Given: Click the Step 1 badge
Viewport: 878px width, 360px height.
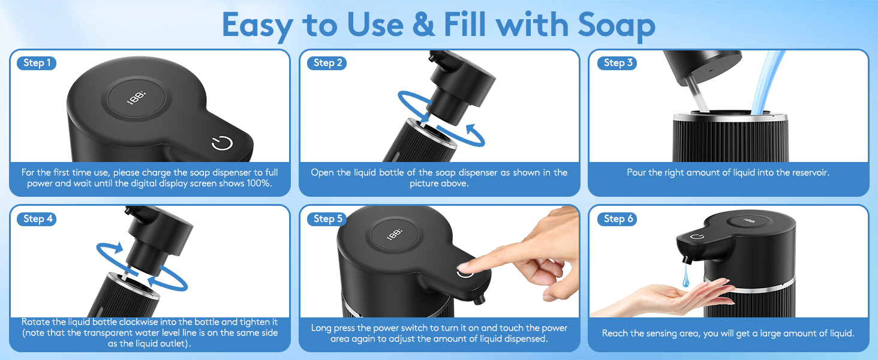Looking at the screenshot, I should (37, 63).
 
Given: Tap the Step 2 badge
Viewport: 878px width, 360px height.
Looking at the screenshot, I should (327, 63).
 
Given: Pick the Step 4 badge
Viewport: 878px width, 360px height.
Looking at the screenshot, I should (38, 219).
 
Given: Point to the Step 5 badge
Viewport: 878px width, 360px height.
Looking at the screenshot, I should (328, 219).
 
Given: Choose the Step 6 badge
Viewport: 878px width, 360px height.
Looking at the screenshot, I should (618, 219).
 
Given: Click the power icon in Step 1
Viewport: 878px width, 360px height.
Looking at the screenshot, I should (222, 143).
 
